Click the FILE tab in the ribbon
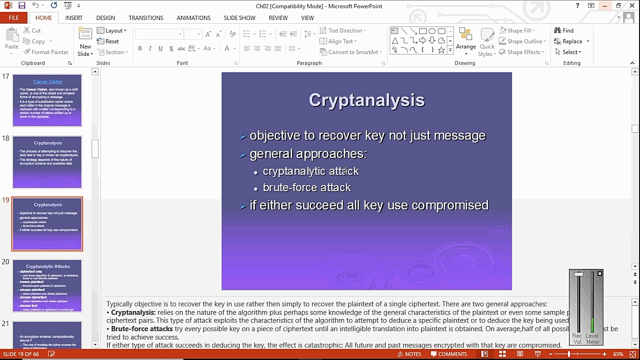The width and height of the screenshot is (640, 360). coord(13,18)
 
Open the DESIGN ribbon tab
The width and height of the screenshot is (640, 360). coord(105,18)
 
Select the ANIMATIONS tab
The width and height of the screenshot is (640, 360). coord(193,18)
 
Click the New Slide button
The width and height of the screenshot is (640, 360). coord(85,42)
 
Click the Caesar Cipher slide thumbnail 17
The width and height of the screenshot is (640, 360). coord(47,100)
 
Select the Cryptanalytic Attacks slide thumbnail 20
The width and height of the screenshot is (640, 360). coord(47,285)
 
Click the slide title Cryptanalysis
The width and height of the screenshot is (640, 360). coord(366,100)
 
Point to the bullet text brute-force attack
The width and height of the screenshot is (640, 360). coord(306,187)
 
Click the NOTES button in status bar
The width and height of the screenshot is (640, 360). coord(408,354)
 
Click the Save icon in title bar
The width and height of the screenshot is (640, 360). coord(21,6)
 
